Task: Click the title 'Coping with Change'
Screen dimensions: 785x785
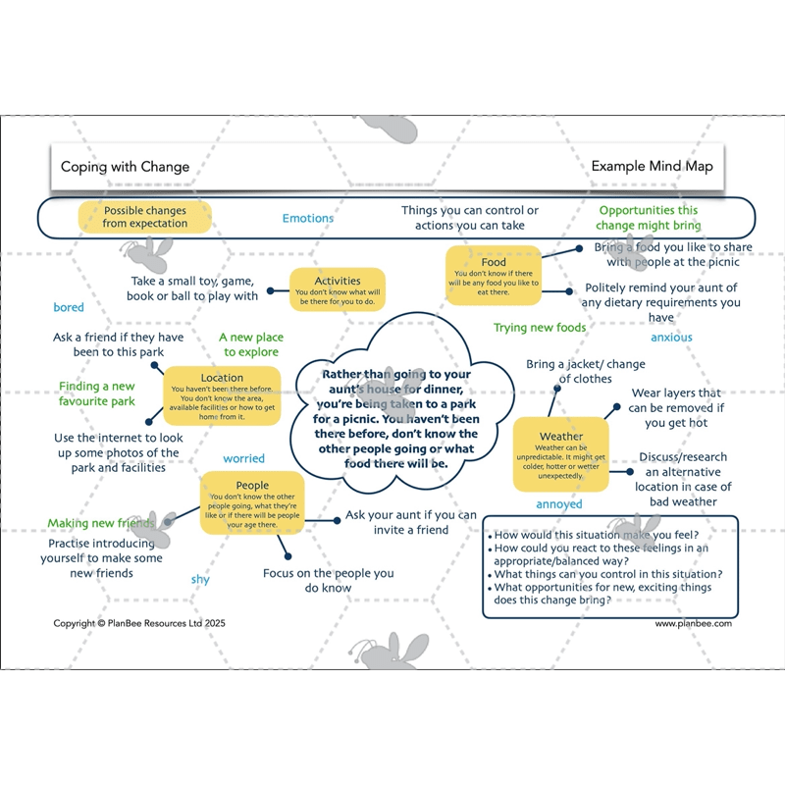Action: [125, 167]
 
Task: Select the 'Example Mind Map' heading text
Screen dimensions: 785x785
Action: [652, 167]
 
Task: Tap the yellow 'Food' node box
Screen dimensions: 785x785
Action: [494, 276]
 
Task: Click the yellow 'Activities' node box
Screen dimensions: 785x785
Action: [338, 288]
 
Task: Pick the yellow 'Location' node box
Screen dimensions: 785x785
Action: [222, 395]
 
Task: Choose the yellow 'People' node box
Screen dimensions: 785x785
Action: [252, 503]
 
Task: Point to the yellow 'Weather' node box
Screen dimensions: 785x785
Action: [561, 454]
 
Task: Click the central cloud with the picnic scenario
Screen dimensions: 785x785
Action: [396, 418]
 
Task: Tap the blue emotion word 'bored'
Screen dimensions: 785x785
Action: [69, 308]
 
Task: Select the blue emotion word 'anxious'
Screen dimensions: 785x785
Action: [671, 338]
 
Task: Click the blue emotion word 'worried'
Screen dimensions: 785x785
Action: [243, 458]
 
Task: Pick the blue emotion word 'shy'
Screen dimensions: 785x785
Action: [200, 580]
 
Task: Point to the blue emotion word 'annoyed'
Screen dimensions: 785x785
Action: [559, 504]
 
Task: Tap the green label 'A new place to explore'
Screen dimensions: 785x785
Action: [251, 344]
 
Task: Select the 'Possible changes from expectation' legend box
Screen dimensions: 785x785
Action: [145, 217]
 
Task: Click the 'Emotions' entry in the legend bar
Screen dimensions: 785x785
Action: [308, 218]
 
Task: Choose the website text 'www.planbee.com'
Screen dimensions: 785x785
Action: [693, 623]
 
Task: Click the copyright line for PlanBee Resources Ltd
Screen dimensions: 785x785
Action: [139, 623]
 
